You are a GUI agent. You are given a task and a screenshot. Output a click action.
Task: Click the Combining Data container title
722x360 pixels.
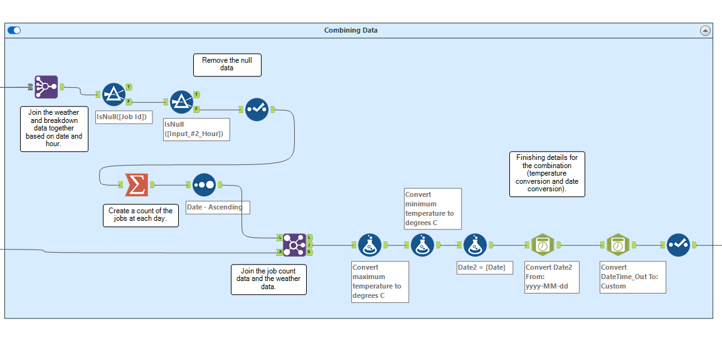[x=351, y=30]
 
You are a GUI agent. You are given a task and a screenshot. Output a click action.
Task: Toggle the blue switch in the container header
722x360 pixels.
[x=14, y=30]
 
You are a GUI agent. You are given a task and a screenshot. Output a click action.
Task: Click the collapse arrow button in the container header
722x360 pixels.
[x=704, y=30]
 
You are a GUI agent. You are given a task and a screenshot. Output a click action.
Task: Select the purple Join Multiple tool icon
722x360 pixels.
[x=46, y=87]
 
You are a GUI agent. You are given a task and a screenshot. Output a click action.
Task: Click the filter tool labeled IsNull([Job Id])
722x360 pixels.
[x=113, y=94]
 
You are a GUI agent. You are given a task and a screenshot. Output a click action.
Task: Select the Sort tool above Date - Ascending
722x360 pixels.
[x=204, y=185]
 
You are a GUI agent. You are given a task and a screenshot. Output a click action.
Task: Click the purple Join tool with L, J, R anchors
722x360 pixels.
[x=294, y=245]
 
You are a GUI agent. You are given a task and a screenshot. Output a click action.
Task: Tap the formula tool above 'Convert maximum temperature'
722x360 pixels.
[x=369, y=245]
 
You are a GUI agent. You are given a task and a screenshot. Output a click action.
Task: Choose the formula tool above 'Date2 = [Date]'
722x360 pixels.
[x=475, y=245]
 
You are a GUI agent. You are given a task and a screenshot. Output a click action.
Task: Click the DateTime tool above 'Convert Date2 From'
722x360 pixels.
[x=542, y=245]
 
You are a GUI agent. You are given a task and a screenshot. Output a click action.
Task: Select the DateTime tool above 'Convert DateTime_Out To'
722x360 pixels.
[x=618, y=245]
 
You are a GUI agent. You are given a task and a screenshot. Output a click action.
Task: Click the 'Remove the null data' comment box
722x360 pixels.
[x=226, y=65]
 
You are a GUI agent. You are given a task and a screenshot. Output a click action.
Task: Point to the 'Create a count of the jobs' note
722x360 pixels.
[x=141, y=215]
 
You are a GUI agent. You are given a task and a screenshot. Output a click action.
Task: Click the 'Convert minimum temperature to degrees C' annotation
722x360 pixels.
[x=433, y=208]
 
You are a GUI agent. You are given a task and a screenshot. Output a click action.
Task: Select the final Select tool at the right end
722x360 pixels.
[x=678, y=245]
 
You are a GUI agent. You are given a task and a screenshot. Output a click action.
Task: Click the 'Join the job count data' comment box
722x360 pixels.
[x=268, y=279]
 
